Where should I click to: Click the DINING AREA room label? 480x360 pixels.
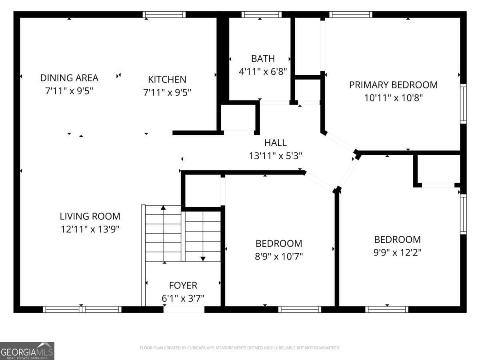tap(69, 78)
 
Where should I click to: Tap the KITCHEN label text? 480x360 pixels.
tap(167, 80)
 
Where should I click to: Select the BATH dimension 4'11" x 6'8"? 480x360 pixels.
tap(263, 72)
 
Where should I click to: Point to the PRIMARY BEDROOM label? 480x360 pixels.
tap(394, 85)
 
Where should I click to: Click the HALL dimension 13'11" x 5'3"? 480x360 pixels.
tap(276, 156)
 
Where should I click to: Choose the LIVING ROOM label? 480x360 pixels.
tap(90, 216)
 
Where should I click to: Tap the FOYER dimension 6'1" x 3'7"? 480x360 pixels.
tap(183, 298)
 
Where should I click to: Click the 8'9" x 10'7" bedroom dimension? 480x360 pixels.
tap(279, 256)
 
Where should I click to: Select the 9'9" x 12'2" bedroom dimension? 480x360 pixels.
tap(397, 253)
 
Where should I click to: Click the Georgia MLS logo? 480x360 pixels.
tap(27, 351)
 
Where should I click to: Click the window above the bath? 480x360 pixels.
tap(262, 14)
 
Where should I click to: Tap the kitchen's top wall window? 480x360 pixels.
tap(164, 14)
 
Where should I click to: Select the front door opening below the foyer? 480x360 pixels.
tap(184, 310)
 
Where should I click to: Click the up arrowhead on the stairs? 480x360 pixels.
tap(163, 208)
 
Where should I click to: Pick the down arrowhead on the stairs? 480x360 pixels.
tap(203, 259)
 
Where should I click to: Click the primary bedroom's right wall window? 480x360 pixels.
tap(463, 104)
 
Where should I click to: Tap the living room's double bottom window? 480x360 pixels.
tap(82, 310)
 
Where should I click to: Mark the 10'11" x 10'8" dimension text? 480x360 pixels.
tap(394, 98)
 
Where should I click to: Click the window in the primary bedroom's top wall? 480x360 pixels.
tap(351, 14)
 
